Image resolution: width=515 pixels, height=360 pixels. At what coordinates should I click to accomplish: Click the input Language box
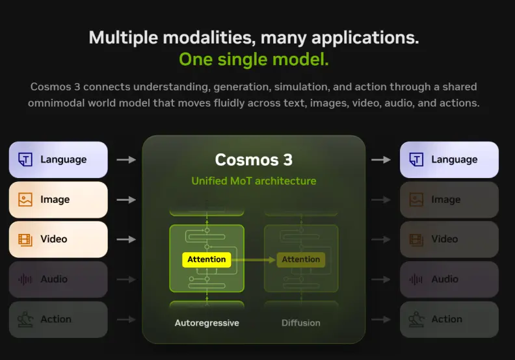tap(59, 160)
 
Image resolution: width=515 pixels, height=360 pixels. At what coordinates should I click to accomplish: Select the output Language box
tap(449, 160)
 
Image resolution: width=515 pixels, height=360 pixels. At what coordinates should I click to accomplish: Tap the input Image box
tap(59, 199)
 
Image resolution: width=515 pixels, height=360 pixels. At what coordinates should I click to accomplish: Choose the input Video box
tap(59, 239)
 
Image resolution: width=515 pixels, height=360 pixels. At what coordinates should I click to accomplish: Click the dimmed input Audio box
tap(59, 279)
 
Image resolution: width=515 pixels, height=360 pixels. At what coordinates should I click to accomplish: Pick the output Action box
tap(449, 319)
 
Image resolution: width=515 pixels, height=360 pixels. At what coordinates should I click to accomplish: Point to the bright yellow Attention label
tap(207, 259)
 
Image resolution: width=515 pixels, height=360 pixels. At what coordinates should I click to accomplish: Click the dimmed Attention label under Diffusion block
tap(301, 259)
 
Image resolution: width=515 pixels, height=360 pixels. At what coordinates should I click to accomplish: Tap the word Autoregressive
tap(207, 323)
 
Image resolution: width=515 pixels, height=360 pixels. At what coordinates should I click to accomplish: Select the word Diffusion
tap(301, 323)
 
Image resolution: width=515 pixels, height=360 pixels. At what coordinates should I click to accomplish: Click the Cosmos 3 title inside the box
tap(254, 160)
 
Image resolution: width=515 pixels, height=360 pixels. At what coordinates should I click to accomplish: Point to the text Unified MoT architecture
tap(254, 181)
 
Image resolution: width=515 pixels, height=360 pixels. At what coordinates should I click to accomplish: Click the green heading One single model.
tap(254, 59)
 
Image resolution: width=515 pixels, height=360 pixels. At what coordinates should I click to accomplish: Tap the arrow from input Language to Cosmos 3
tap(126, 160)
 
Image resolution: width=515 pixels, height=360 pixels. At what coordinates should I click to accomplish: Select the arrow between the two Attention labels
tap(254, 260)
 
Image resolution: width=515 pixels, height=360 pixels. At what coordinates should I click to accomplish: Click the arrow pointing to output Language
tap(381, 160)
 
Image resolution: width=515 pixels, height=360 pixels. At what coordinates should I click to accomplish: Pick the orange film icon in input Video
tap(25, 240)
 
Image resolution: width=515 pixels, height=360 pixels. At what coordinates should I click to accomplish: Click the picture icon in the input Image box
tap(25, 199)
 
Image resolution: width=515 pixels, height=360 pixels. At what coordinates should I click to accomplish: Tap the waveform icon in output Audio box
tap(416, 279)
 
